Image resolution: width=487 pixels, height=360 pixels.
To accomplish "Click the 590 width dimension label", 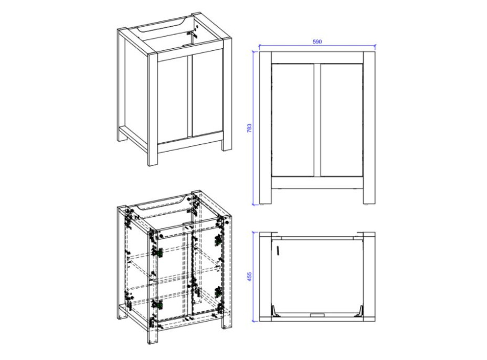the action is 317,41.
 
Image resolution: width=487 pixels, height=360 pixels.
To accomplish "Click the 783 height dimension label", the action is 249,128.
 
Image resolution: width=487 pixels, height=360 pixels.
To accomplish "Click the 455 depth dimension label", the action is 249,277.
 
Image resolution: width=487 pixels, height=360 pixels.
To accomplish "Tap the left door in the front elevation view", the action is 293,120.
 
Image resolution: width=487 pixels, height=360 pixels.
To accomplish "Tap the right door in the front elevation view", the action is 342,120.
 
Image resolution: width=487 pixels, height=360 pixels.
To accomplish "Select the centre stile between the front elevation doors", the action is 317,120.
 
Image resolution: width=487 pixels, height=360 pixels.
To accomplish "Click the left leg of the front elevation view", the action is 265,128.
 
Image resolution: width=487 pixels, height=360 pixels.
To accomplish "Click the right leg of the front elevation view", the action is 369,128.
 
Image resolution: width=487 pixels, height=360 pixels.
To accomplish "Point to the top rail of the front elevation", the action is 317,58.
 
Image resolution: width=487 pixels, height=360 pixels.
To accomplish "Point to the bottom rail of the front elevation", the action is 317,183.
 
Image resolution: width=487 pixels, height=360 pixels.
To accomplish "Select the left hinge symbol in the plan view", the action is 276,311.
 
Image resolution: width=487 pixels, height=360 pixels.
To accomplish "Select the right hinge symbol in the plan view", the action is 359,311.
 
